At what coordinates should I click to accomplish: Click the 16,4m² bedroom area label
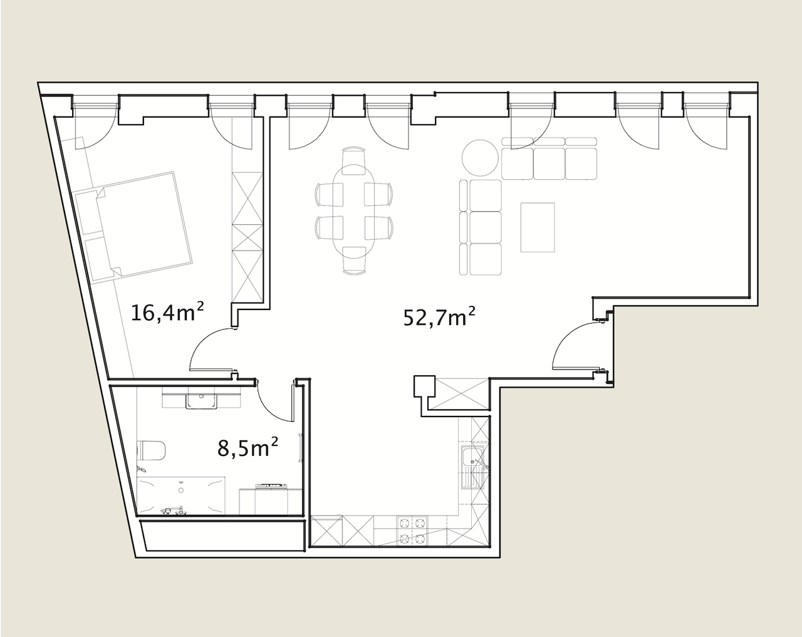click(167, 312)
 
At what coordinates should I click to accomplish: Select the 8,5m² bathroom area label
click(248, 447)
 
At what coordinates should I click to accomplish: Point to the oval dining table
click(354, 211)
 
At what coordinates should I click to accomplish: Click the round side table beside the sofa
click(480, 158)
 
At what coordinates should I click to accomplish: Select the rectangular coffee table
click(538, 227)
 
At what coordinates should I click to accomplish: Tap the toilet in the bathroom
click(151, 452)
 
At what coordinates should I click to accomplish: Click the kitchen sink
click(473, 467)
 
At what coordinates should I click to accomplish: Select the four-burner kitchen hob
click(412, 531)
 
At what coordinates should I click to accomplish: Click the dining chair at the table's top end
click(353, 160)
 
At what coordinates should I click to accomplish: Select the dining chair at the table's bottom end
click(354, 261)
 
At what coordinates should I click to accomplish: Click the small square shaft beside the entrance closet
click(424, 386)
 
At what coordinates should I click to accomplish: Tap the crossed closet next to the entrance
click(462, 393)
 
